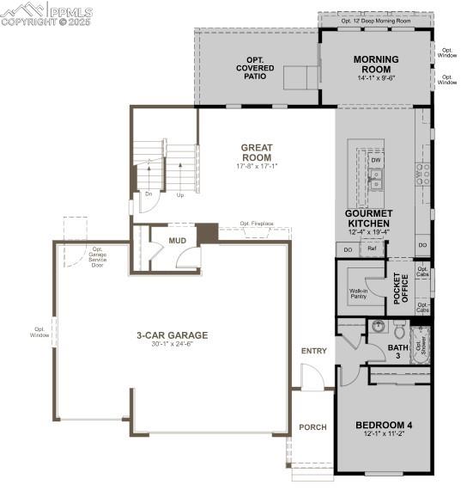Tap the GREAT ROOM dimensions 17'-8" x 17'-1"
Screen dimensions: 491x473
click(x=256, y=166)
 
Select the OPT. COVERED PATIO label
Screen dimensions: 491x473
click(x=255, y=67)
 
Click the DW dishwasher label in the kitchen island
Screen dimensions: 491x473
click(x=376, y=160)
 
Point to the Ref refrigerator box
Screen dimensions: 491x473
click(x=372, y=249)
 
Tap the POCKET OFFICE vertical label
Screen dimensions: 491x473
click(x=397, y=289)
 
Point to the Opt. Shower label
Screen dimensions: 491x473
click(x=420, y=346)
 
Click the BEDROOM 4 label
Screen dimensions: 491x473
click(x=384, y=425)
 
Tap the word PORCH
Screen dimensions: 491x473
click(x=312, y=427)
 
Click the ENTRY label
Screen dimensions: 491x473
click(x=313, y=351)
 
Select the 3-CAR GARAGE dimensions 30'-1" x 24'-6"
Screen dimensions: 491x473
click(x=172, y=345)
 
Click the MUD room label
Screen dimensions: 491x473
click(x=178, y=241)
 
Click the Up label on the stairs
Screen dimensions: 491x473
click(x=179, y=194)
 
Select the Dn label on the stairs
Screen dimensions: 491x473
click(x=148, y=194)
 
